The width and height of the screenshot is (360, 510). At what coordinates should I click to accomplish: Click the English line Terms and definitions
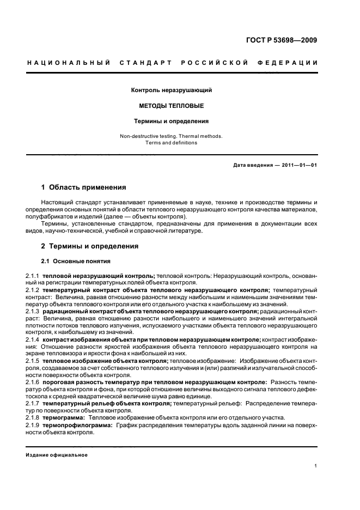tap(171, 143)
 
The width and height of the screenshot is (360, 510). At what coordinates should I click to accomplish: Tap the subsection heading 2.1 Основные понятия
tap(76, 262)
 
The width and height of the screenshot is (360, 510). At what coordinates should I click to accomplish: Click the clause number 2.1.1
tap(33, 276)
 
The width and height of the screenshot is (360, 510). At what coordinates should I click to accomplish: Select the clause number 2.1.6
tap(33, 383)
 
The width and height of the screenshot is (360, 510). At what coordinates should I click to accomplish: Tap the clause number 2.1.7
tap(33, 404)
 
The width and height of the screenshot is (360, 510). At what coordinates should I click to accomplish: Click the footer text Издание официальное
tap(57, 455)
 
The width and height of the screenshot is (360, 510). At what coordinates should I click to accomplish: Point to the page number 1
tap(316, 466)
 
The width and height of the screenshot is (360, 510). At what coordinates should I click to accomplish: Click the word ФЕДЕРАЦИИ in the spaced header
tap(293, 63)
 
